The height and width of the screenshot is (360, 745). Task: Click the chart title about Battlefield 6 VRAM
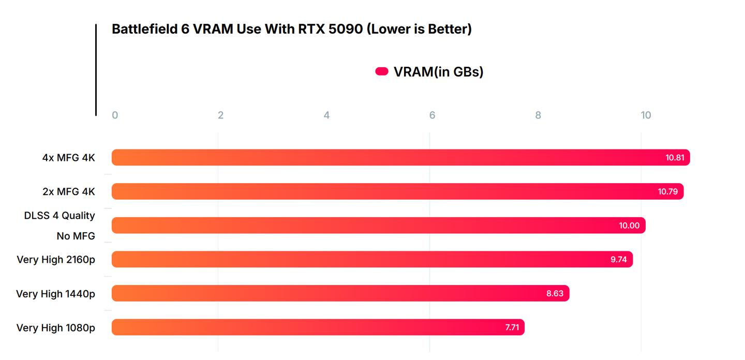(x=292, y=29)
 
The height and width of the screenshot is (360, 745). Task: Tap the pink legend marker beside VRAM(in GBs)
(x=382, y=71)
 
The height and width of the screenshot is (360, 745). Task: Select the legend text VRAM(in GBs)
(x=438, y=71)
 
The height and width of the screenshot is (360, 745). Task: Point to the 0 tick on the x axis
(x=115, y=115)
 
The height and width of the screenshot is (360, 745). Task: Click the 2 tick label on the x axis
(x=220, y=115)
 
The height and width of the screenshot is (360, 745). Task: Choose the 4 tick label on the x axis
(x=326, y=115)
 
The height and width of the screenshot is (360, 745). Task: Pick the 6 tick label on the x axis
(x=432, y=115)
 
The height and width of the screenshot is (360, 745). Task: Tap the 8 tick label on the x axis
(x=538, y=115)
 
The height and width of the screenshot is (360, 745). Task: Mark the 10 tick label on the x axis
(x=646, y=115)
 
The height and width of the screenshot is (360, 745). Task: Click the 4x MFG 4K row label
(x=69, y=158)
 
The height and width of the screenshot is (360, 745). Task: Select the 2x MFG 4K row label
(x=69, y=191)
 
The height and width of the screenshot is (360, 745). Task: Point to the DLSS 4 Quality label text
(x=59, y=215)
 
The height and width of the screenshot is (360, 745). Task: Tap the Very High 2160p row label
(x=56, y=259)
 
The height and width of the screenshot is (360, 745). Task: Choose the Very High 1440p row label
(x=56, y=294)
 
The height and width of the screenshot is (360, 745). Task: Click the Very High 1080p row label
(x=56, y=327)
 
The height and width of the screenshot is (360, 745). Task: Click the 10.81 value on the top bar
(x=675, y=158)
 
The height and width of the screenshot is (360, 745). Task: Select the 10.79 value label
(x=668, y=191)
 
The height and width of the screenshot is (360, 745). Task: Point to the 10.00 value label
(x=629, y=226)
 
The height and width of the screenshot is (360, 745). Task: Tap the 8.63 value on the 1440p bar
(x=555, y=294)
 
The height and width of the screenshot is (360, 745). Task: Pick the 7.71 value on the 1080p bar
(x=512, y=327)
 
